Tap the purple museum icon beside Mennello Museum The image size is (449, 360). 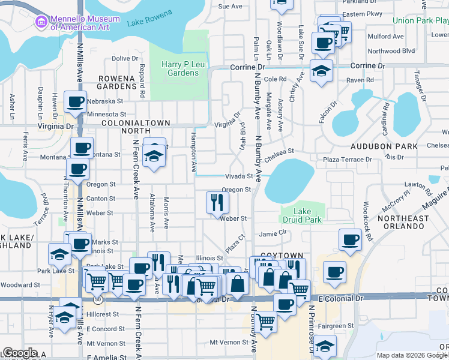click(x=41, y=22)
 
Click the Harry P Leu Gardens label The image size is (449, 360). click(x=180, y=68)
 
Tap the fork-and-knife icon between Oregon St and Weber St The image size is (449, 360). click(x=217, y=202)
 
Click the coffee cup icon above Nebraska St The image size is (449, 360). click(x=76, y=102)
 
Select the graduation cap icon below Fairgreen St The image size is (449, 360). click(x=325, y=346)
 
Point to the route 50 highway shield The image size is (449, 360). click(x=97, y=298)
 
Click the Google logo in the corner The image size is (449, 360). click(x=20, y=353)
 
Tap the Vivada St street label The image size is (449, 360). click(x=239, y=176)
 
